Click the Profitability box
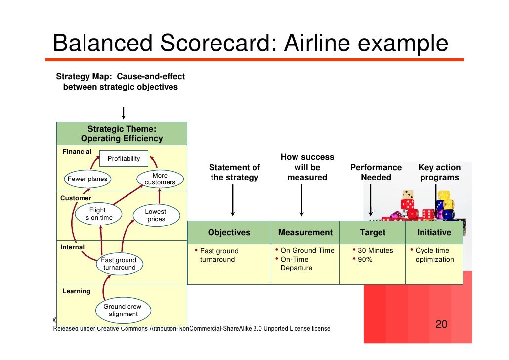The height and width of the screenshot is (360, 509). pyautogui.click(x=124, y=159)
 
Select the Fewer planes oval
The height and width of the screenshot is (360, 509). pyautogui.click(x=87, y=179)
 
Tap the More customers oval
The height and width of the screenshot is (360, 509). pyautogui.click(x=160, y=179)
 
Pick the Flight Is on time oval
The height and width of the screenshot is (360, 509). pyautogui.click(x=98, y=214)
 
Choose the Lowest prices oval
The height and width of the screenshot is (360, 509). pyautogui.click(x=155, y=215)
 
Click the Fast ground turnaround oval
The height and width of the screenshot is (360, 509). pyautogui.click(x=119, y=264)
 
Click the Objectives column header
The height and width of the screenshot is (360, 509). pyautogui.click(x=229, y=232)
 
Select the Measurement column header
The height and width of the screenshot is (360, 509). pyautogui.click(x=305, y=232)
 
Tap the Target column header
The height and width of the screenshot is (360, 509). pyautogui.click(x=372, y=232)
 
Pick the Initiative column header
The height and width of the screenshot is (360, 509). pyautogui.click(x=434, y=232)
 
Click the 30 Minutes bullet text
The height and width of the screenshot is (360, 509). pyautogui.click(x=375, y=251)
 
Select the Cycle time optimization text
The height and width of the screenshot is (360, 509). pyautogui.click(x=434, y=255)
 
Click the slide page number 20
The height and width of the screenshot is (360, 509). pyautogui.click(x=441, y=325)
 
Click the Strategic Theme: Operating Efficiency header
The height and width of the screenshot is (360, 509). pyautogui.click(x=122, y=134)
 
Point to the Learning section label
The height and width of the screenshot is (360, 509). pyautogui.click(x=76, y=291)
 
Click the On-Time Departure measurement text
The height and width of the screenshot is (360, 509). pyautogui.click(x=297, y=264)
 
